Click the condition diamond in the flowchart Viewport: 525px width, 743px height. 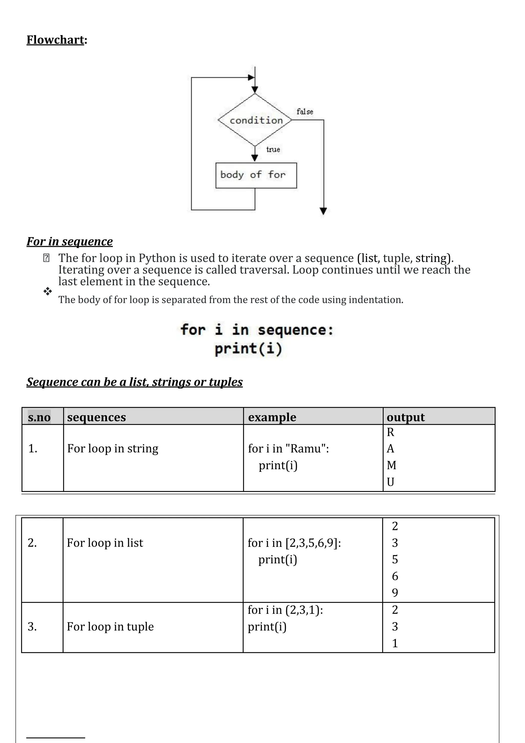tap(255, 120)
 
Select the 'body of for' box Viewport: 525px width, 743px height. tap(256, 175)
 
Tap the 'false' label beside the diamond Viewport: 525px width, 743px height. tap(305, 112)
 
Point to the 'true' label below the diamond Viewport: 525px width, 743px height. tap(273, 149)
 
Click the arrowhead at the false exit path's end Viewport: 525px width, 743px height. tap(323, 211)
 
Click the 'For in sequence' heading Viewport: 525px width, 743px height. tap(69, 242)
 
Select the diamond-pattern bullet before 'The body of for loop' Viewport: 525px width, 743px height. tap(47, 291)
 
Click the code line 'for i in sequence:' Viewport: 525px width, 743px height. tap(257, 330)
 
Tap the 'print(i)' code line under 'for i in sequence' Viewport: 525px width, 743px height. tap(248, 349)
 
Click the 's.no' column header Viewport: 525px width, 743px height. tap(39, 417)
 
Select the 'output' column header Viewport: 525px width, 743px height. tap(406, 417)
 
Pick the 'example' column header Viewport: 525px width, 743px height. tap(272, 417)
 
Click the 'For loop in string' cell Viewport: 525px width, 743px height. tap(113, 448)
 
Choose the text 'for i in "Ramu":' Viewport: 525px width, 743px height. tap(288, 448)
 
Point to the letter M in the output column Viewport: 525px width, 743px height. tap(391, 465)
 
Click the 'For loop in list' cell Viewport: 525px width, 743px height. tap(105, 543)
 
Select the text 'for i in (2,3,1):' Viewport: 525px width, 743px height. tap(285, 610)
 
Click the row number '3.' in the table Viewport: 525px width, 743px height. tap(32, 627)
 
